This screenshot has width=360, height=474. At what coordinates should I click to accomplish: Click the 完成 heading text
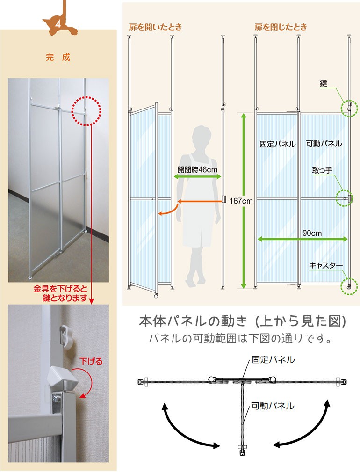(58, 58)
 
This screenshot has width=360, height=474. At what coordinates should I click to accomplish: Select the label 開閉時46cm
(197, 169)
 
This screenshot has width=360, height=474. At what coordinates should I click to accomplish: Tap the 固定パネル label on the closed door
(278, 144)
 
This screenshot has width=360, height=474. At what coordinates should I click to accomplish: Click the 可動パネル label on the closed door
(324, 144)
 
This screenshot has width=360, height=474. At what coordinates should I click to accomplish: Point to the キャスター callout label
(326, 265)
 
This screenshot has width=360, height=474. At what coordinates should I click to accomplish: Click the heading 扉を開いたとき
(155, 27)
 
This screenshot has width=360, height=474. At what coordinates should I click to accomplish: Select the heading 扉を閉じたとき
(281, 27)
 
